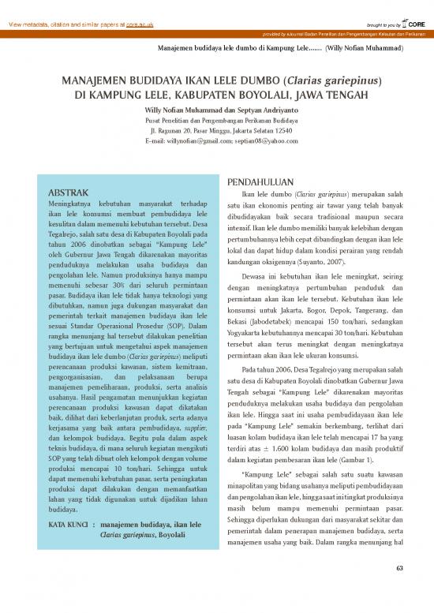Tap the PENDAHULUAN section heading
260,180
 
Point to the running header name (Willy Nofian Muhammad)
365,48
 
